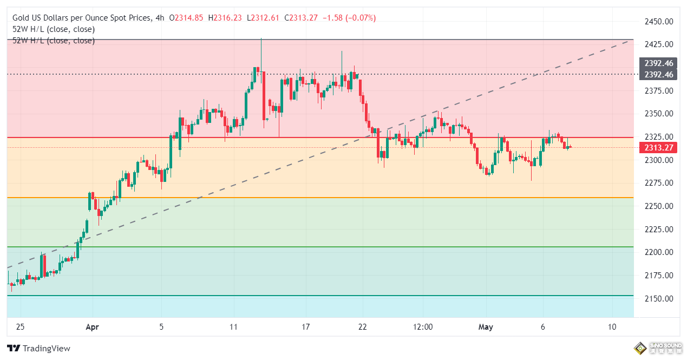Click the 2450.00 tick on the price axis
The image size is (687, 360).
click(x=658, y=22)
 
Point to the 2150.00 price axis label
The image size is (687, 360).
click(x=658, y=299)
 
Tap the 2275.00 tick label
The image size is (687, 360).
click(x=658, y=183)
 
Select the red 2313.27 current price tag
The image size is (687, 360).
click(x=658, y=148)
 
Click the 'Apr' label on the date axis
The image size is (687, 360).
click(x=93, y=327)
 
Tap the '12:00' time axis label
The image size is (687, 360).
click(x=423, y=327)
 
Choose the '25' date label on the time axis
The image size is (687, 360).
click(x=20, y=327)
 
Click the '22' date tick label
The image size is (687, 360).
click(x=363, y=327)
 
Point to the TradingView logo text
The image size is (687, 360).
click(x=47, y=349)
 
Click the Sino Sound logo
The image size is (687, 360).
click(x=656, y=348)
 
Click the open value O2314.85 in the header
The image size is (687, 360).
click(x=186, y=18)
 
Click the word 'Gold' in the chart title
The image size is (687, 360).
click(x=22, y=18)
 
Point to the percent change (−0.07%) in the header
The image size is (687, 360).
click(x=359, y=18)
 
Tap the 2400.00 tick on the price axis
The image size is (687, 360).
click(x=658, y=68)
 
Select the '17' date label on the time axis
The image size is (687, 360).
click(x=306, y=327)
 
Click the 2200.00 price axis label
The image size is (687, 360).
click(x=658, y=252)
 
